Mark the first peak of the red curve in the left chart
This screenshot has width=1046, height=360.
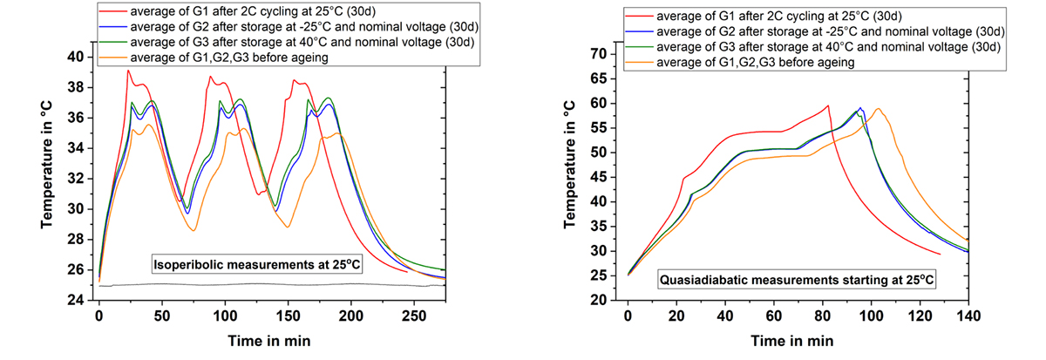tap(128, 71)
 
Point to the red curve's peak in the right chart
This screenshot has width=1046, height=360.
tap(827, 105)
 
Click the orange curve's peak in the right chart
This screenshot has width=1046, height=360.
tap(879, 109)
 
